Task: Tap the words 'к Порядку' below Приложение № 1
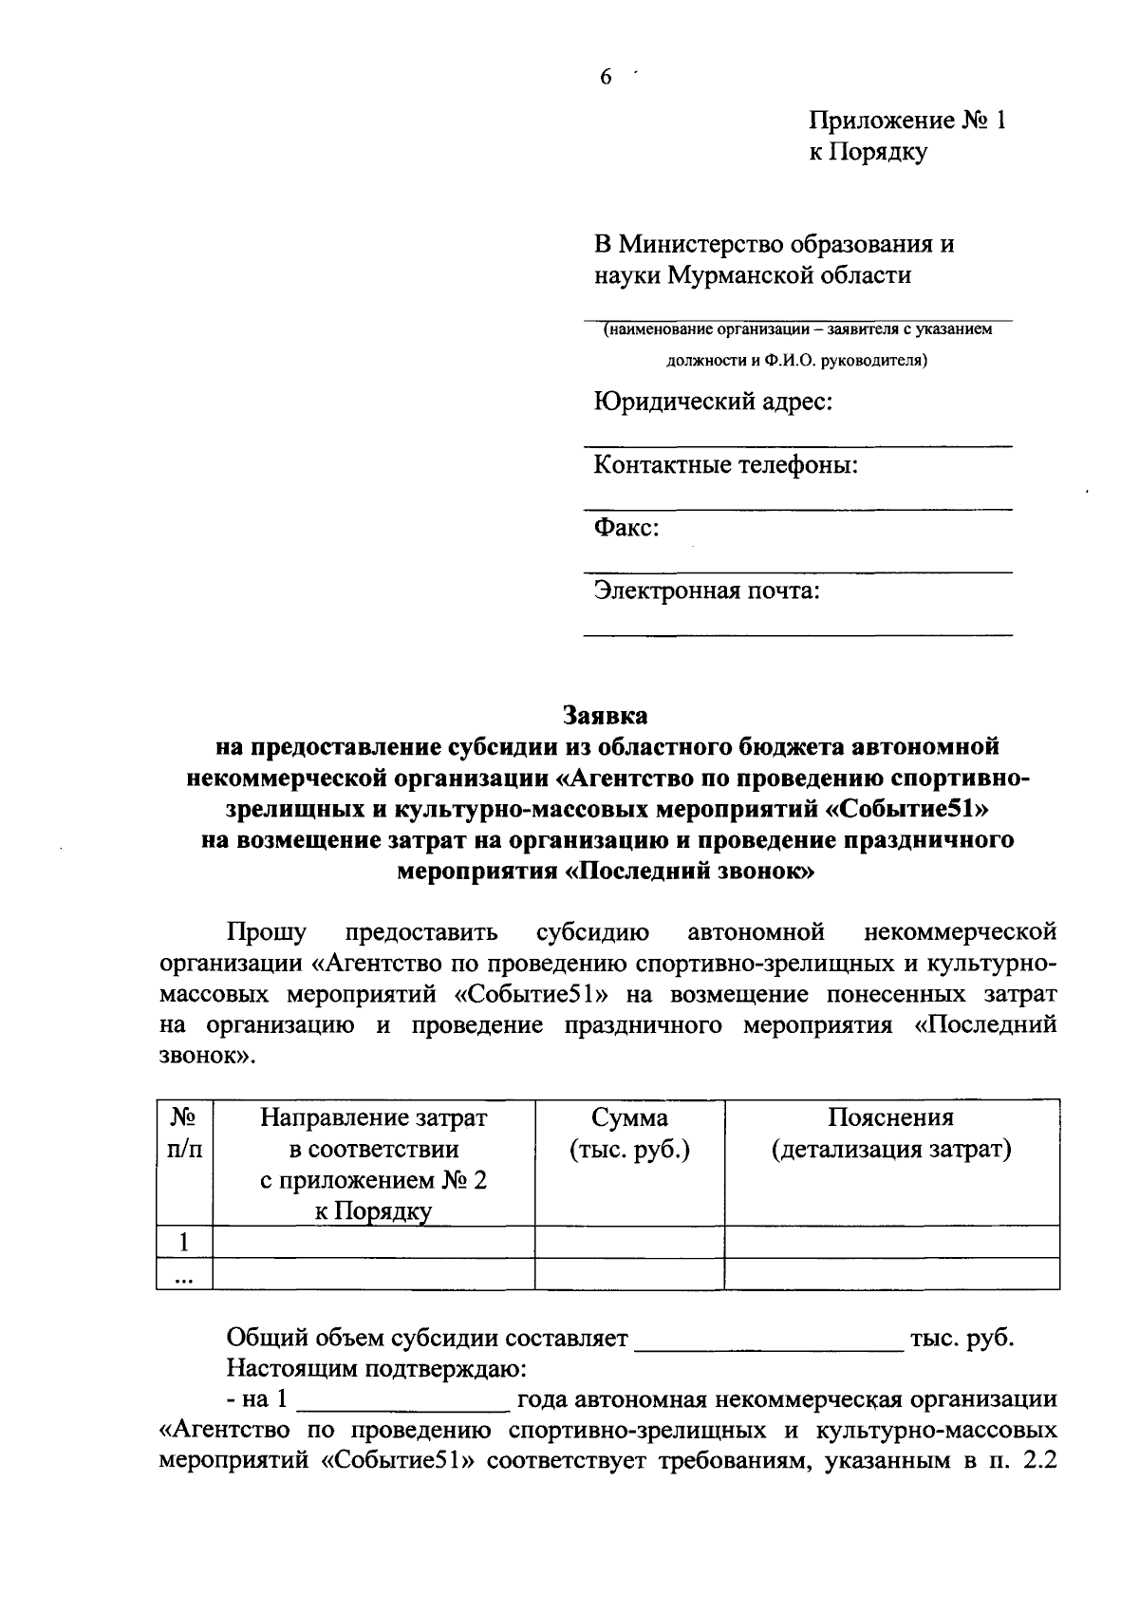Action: (868, 152)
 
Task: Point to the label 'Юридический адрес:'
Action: (713, 403)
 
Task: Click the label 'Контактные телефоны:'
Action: (726, 465)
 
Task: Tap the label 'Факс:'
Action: (626, 528)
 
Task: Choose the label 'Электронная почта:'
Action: (706, 591)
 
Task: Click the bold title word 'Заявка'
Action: (606, 713)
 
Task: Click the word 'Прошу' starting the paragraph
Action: (267, 931)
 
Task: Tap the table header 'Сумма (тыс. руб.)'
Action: (629, 1134)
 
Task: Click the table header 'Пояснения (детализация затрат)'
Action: (891, 1134)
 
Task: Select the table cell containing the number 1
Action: (185, 1242)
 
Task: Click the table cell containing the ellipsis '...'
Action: (185, 1275)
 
